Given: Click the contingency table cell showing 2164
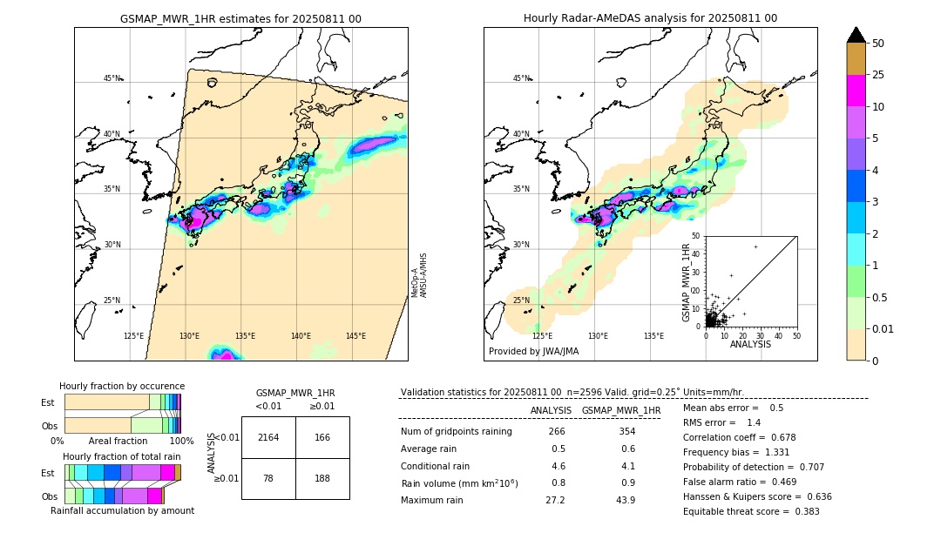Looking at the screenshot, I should point(268,437).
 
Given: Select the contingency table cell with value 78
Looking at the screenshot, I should point(268,478).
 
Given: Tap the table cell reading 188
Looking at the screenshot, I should point(322,478).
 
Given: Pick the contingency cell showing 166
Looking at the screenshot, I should point(322,437).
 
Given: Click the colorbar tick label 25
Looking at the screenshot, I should point(878,75).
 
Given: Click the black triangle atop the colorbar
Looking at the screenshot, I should point(856,35).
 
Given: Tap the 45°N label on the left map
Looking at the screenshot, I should point(112,78).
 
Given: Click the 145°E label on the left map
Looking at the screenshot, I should point(355,336).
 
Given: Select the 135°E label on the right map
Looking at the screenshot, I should point(653,336).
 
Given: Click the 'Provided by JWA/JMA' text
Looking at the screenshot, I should point(533,351).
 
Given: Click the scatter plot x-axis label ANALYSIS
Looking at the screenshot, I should point(750,345).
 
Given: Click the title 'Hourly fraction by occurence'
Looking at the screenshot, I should point(122,386).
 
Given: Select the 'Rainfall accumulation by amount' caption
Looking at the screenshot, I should point(122,510).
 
